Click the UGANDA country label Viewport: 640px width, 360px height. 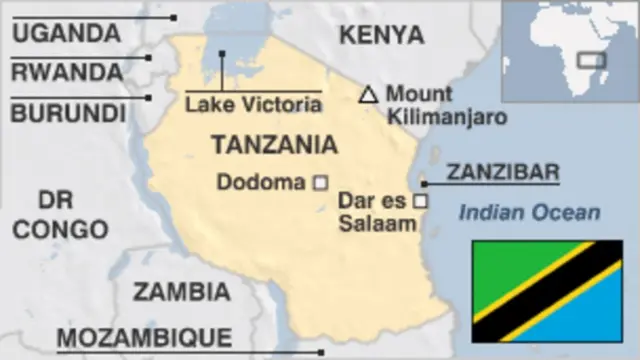(x=66, y=32)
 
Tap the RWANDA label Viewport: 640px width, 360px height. (x=67, y=72)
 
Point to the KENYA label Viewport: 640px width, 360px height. (x=381, y=35)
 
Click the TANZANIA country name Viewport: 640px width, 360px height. (x=274, y=145)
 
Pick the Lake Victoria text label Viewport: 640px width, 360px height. (x=252, y=104)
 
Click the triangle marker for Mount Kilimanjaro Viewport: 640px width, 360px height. (x=368, y=95)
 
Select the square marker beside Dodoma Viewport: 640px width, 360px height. (x=321, y=182)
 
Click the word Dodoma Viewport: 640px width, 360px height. (x=260, y=182)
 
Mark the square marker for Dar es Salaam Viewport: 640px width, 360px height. (x=421, y=201)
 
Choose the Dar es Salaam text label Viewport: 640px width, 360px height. (x=376, y=212)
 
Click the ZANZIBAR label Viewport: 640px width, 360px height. (x=502, y=172)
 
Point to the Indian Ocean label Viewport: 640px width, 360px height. (x=529, y=212)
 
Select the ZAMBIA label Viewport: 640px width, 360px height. (x=181, y=292)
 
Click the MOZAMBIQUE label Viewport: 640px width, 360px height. (x=144, y=337)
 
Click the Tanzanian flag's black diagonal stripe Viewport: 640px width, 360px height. (x=547, y=291)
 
